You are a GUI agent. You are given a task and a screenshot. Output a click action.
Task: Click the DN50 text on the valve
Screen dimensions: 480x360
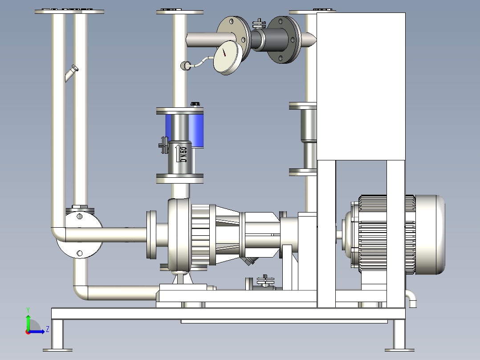[183, 155]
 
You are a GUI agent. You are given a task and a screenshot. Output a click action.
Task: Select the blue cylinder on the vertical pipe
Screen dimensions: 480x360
[185, 130]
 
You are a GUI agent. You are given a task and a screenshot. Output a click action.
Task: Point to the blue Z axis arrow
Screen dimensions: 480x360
[36, 331]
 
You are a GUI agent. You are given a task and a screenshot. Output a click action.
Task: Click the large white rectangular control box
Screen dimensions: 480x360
[361, 86]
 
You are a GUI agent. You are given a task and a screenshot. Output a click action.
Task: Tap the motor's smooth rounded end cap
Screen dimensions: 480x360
[430, 234]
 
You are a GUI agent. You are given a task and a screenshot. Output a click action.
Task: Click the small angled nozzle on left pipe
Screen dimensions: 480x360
[72, 74]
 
